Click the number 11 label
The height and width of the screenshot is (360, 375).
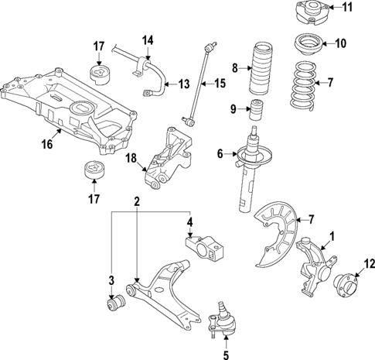click(x=346, y=9)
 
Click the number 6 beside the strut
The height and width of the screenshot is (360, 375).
click(x=220, y=154)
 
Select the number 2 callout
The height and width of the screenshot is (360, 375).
click(x=136, y=202)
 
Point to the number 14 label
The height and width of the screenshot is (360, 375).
click(x=148, y=39)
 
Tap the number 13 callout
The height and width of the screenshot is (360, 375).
click(x=183, y=83)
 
